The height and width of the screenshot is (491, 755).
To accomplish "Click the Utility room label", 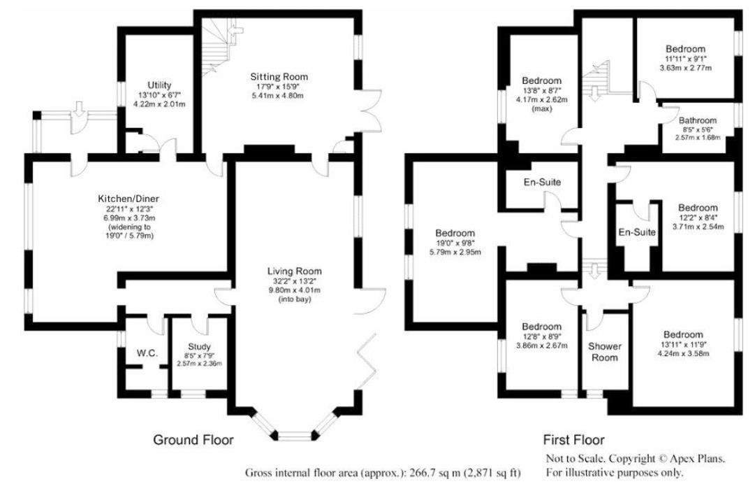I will click(159, 85).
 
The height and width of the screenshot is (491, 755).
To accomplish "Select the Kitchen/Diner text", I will click(125, 199).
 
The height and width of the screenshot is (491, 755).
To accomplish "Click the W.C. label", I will click(147, 353).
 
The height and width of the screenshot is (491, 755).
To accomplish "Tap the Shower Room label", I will click(605, 352).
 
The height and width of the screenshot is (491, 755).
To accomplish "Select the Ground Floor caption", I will click(193, 440).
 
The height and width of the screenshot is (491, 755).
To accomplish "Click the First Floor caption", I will click(573, 440).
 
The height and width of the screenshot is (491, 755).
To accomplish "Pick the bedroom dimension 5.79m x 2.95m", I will click(455, 251).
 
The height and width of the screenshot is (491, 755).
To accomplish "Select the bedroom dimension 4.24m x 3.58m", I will click(684, 353).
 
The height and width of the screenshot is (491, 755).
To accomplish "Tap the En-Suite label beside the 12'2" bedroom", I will click(638, 232).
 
